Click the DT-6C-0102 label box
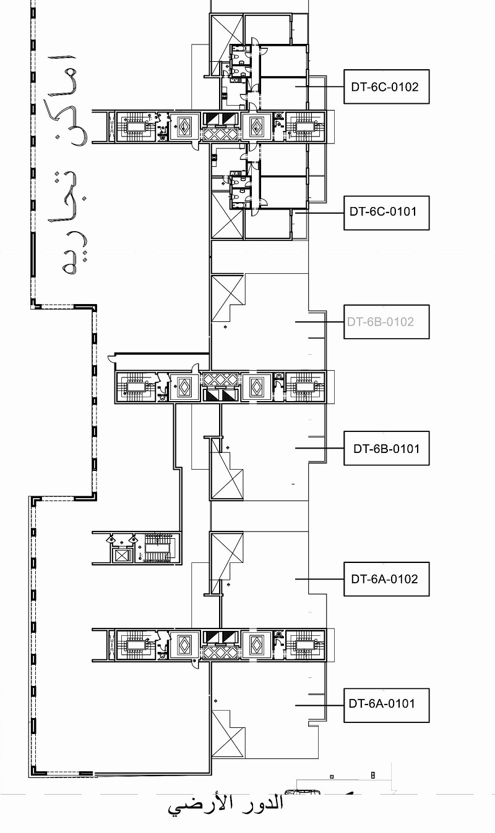click(x=386, y=87)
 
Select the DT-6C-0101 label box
click(x=386, y=213)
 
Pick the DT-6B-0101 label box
click(x=386, y=448)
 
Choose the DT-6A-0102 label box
click(x=386, y=579)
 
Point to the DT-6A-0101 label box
click(x=386, y=706)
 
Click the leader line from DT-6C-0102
click(x=319, y=87)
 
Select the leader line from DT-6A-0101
click(x=319, y=706)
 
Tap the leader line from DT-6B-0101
click(x=319, y=448)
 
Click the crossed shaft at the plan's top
click(x=227, y=44)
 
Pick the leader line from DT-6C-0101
click(x=319, y=213)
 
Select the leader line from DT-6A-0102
click(x=319, y=579)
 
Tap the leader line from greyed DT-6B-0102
click(x=319, y=322)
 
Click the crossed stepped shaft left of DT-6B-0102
click(x=227, y=297)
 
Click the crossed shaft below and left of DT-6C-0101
click(x=227, y=214)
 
